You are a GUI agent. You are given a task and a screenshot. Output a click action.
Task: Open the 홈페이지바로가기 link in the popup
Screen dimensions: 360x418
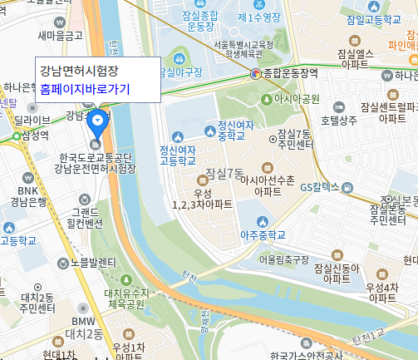pos(85,89)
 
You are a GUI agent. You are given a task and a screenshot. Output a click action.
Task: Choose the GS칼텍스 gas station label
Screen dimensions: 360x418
pos(321,164)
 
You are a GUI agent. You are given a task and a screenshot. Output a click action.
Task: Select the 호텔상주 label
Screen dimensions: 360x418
pos(338,121)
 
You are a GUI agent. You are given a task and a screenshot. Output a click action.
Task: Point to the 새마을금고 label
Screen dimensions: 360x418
pos(60,36)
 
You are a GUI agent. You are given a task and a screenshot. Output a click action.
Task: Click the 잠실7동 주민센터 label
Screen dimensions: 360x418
pos(295,139)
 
